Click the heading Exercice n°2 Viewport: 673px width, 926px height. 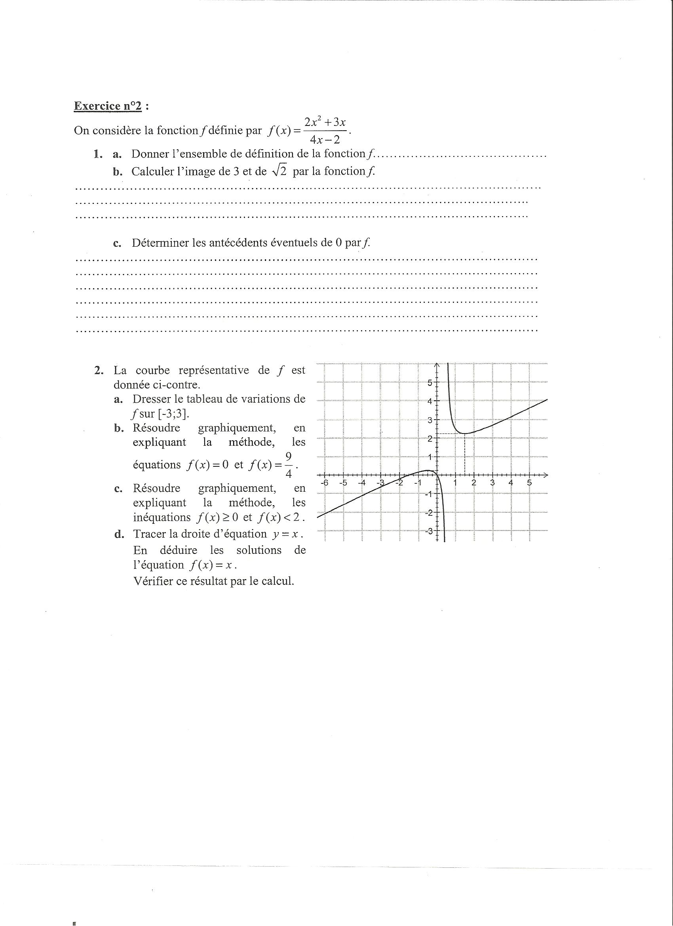tap(108, 106)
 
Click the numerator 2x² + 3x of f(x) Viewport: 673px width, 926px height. tap(325, 122)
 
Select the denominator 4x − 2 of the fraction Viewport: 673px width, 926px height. tap(325, 140)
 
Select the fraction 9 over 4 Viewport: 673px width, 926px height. tap(289, 465)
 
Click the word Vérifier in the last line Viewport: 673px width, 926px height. tap(153, 581)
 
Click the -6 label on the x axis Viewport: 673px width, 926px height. tap(325, 483)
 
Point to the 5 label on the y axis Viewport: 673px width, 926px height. tap(430, 382)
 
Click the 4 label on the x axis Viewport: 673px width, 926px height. tap(510, 483)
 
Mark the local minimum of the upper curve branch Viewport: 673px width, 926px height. tap(464, 433)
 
